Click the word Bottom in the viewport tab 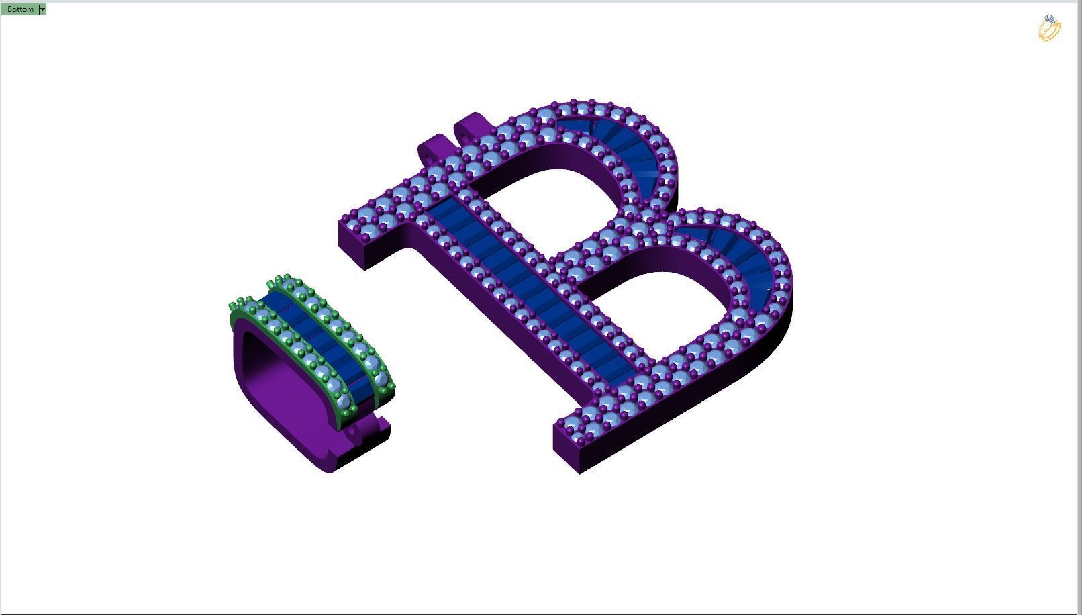click(20, 9)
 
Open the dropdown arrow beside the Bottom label click(42, 9)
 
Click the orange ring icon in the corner click(1049, 28)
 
